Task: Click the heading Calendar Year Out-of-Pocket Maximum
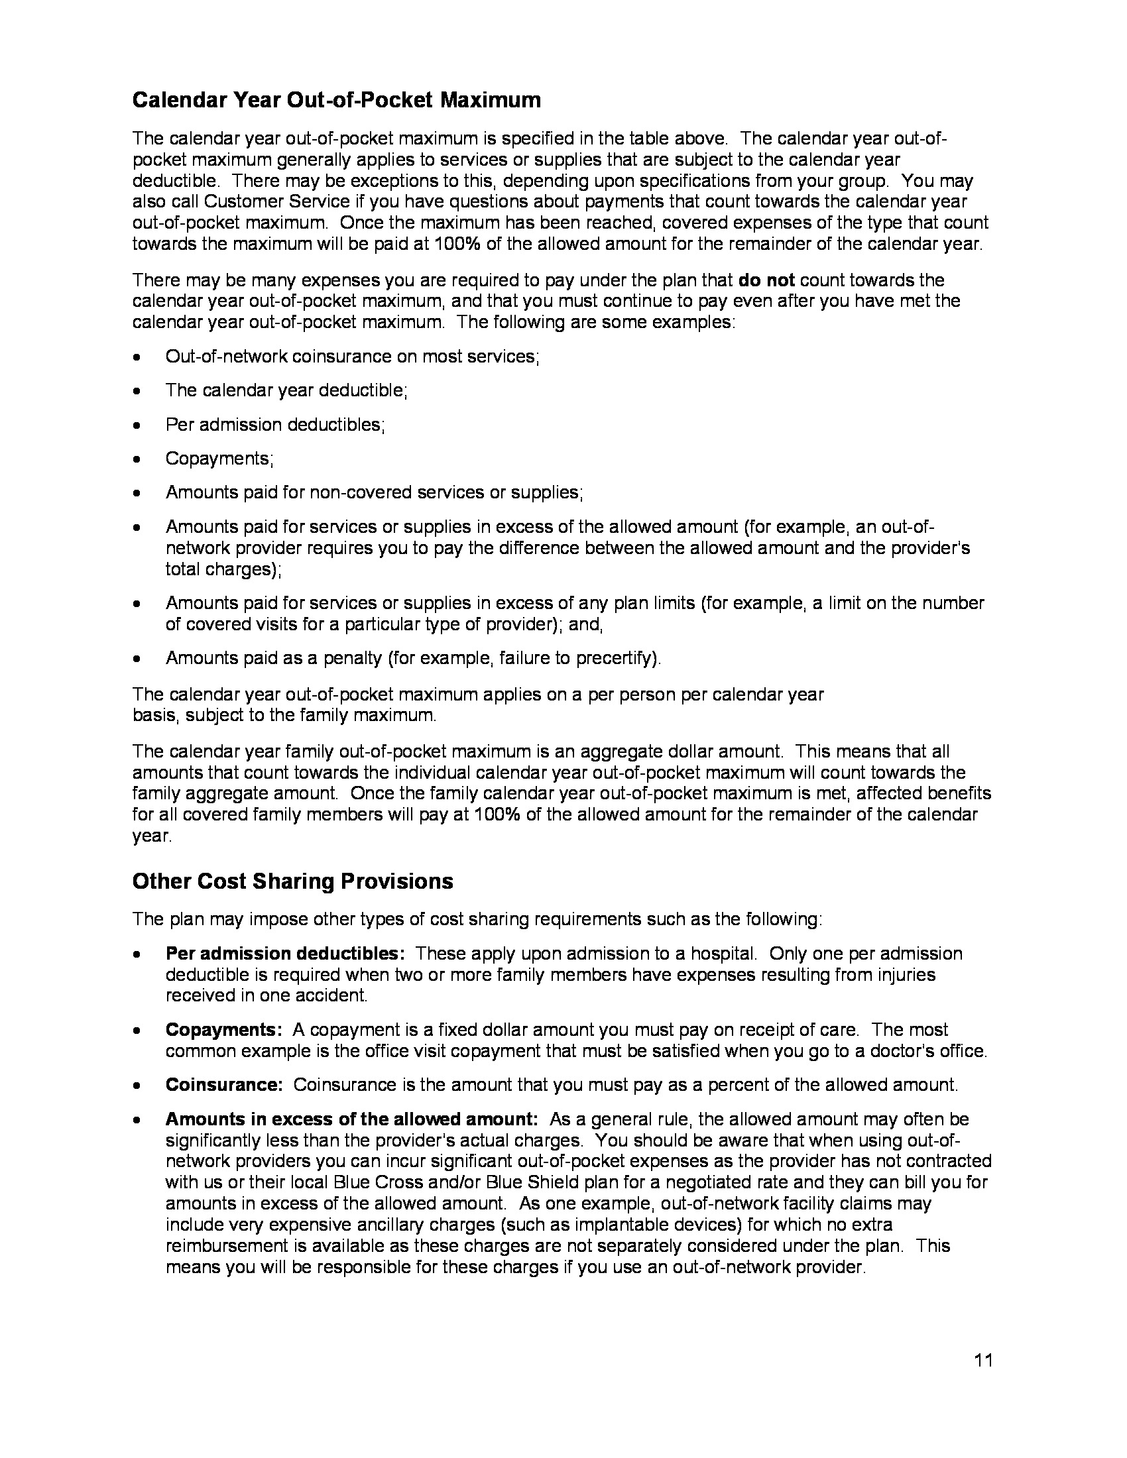pyautogui.click(x=337, y=100)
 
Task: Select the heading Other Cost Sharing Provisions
pyautogui.click(x=292, y=881)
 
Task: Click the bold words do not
pyautogui.click(x=766, y=280)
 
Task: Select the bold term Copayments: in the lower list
pyautogui.click(x=225, y=1029)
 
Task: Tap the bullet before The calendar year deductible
pyautogui.click(x=137, y=391)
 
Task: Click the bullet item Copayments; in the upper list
pyautogui.click(x=219, y=459)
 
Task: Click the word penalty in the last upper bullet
pyautogui.click(x=352, y=658)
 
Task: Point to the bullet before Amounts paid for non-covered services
pyautogui.click(x=137, y=493)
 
